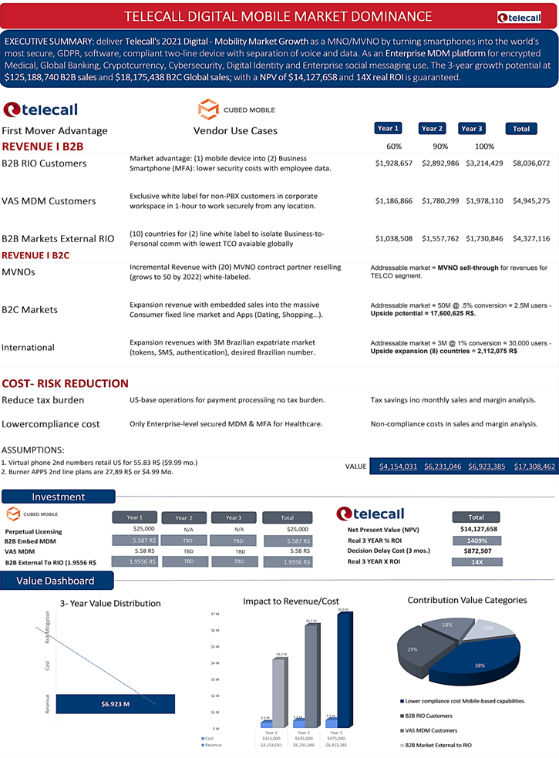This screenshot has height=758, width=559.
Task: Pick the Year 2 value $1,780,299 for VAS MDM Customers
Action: click(x=440, y=201)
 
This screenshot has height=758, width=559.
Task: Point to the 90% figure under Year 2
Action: click(x=440, y=147)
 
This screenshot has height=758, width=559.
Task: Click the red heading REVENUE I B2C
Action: click(x=36, y=255)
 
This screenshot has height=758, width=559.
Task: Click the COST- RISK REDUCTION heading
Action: click(x=65, y=383)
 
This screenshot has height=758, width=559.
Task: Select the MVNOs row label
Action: click(x=19, y=272)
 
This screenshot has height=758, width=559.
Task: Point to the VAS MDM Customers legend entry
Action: click(x=436, y=730)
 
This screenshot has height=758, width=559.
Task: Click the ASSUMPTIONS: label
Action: click(x=33, y=450)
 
